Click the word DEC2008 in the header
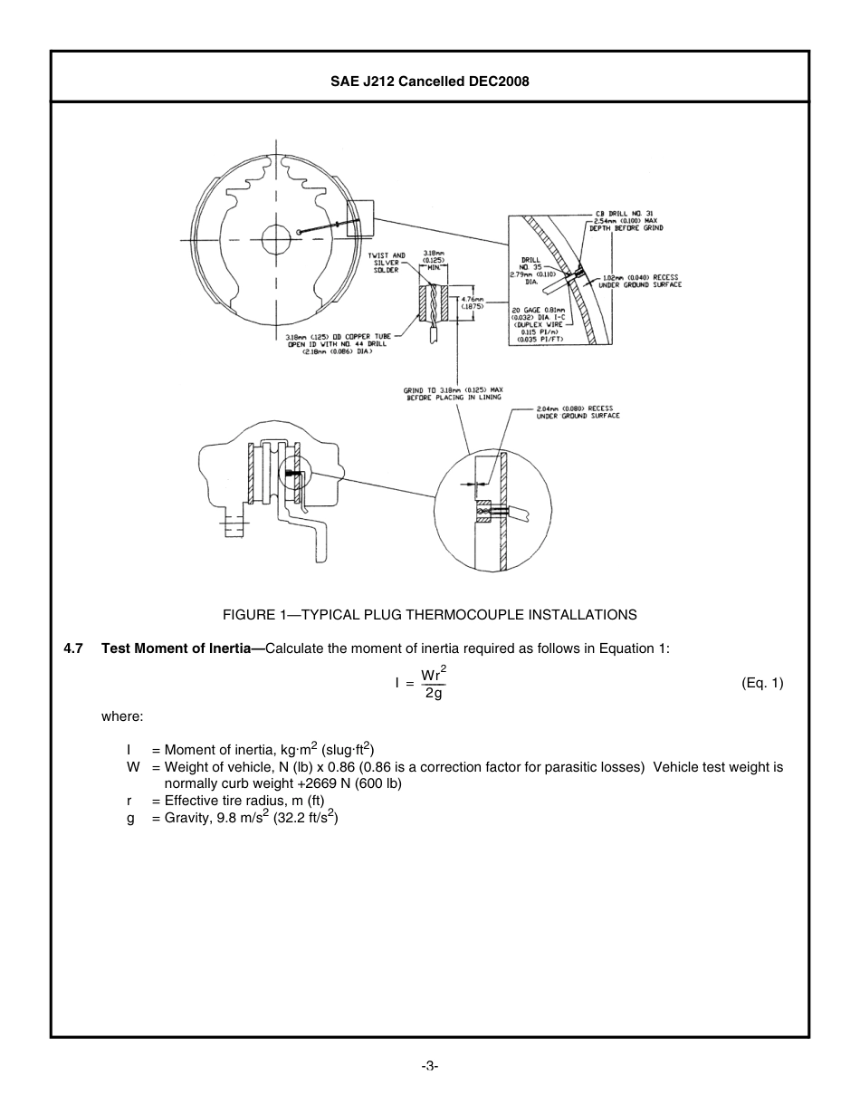tap(499, 82)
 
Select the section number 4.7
tap(73, 648)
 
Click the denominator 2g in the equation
tap(434, 694)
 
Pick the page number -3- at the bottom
tap(430, 1066)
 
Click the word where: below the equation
tap(122, 716)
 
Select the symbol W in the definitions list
tap(133, 767)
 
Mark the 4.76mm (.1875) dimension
tap(473, 303)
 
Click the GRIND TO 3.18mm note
tap(453, 394)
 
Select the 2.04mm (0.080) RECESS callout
tap(576, 412)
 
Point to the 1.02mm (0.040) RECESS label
tap(640, 281)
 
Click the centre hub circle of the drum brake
tap(276, 239)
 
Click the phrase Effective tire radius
tap(230, 801)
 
